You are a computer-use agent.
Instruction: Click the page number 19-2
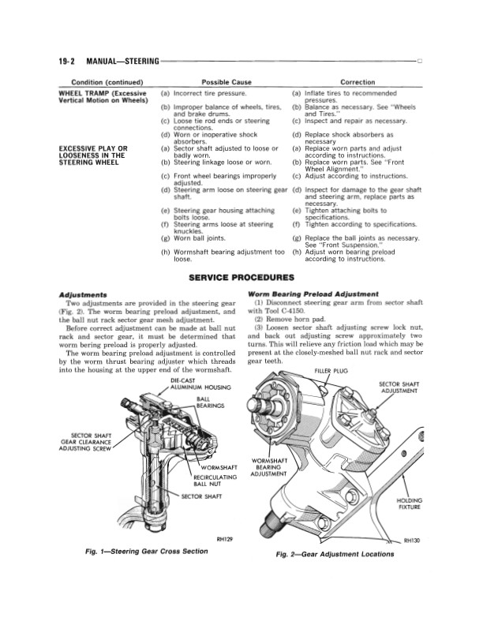(67, 61)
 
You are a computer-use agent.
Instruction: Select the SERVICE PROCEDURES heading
(241, 278)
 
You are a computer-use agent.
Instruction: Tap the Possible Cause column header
(227, 82)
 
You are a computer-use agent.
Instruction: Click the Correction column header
(358, 82)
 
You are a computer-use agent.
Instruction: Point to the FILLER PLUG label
(331, 371)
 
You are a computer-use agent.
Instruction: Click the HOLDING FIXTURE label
(410, 503)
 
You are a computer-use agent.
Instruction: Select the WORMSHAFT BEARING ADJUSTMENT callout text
(268, 467)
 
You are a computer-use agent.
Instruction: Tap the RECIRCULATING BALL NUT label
(215, 481)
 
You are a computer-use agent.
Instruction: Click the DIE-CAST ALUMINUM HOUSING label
(200, 384)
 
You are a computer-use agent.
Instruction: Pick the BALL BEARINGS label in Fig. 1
(211, 402)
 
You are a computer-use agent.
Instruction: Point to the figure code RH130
(412, 541)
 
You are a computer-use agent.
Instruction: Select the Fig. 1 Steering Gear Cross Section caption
(147, 552)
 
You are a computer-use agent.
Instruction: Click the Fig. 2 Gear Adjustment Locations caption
(335, 554)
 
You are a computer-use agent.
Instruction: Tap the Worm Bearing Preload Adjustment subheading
(313, 294)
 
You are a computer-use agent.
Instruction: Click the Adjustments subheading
(83, 295)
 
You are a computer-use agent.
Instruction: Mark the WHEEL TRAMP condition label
(103, 97)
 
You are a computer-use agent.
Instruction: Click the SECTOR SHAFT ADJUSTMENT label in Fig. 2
(399, 387)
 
